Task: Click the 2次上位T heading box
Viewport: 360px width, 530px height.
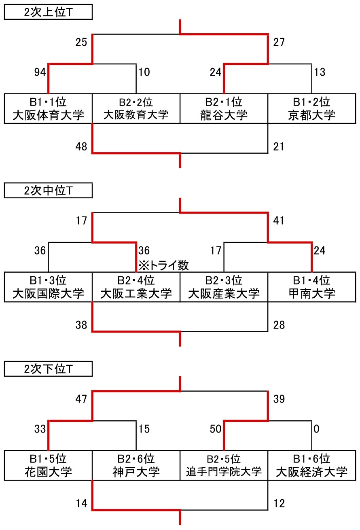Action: (48, 12)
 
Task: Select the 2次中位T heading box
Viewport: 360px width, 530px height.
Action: (48, 191)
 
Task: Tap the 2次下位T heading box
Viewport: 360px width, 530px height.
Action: (48, 369)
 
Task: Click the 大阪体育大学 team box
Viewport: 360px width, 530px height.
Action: (48, 108)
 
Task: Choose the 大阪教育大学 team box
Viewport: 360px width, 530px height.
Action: (136, 108)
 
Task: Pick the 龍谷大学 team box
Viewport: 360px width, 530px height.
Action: (224, 108)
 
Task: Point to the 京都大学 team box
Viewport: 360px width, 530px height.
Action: (312, 108)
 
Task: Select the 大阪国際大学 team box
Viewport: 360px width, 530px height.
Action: (48, 287)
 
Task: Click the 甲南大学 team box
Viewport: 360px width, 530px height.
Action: (312, 287)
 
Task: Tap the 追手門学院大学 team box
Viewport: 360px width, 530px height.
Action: (224, 466)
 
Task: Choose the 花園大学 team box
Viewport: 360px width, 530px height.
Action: (48, 466)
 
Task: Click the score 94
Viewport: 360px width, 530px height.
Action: (40, 72)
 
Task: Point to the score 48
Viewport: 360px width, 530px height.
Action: (81, 147)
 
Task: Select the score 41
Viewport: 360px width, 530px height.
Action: (279, 221)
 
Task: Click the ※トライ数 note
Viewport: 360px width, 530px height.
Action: (164, 265)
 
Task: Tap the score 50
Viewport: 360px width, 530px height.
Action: (216, 429)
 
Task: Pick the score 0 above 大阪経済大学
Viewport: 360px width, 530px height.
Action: (316, 429)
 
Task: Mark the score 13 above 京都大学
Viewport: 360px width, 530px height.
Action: (320, 72)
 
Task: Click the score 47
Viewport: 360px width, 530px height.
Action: (81, 399)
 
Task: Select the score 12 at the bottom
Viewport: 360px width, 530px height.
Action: (279, 504)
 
